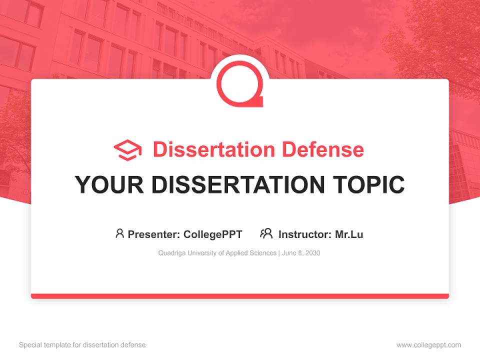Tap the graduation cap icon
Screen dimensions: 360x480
pyautogui.click(x=127, y=150)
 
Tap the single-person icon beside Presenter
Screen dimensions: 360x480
pyautogui.click(x=119, y=233)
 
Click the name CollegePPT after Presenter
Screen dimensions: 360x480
pyautogui.click(x=212, y=234)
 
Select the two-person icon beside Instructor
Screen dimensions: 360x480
pyautogui.click(x=266, y=233)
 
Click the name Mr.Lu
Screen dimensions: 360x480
pyautogui.click(x=349, y=234)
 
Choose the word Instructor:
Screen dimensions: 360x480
pyautogui.click(x=304, y=234)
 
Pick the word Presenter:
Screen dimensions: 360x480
pyautogui.click(x=154, y=234)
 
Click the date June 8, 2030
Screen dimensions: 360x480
pyautogui.click(x=301, y=253)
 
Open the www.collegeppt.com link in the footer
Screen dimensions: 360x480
pyautogui.click(x=428, y=345)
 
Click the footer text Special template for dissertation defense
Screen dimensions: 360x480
pyautogui.click(x=82, y=345)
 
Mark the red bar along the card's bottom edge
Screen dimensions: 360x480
pyautogui.click(x=240, y=296)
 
